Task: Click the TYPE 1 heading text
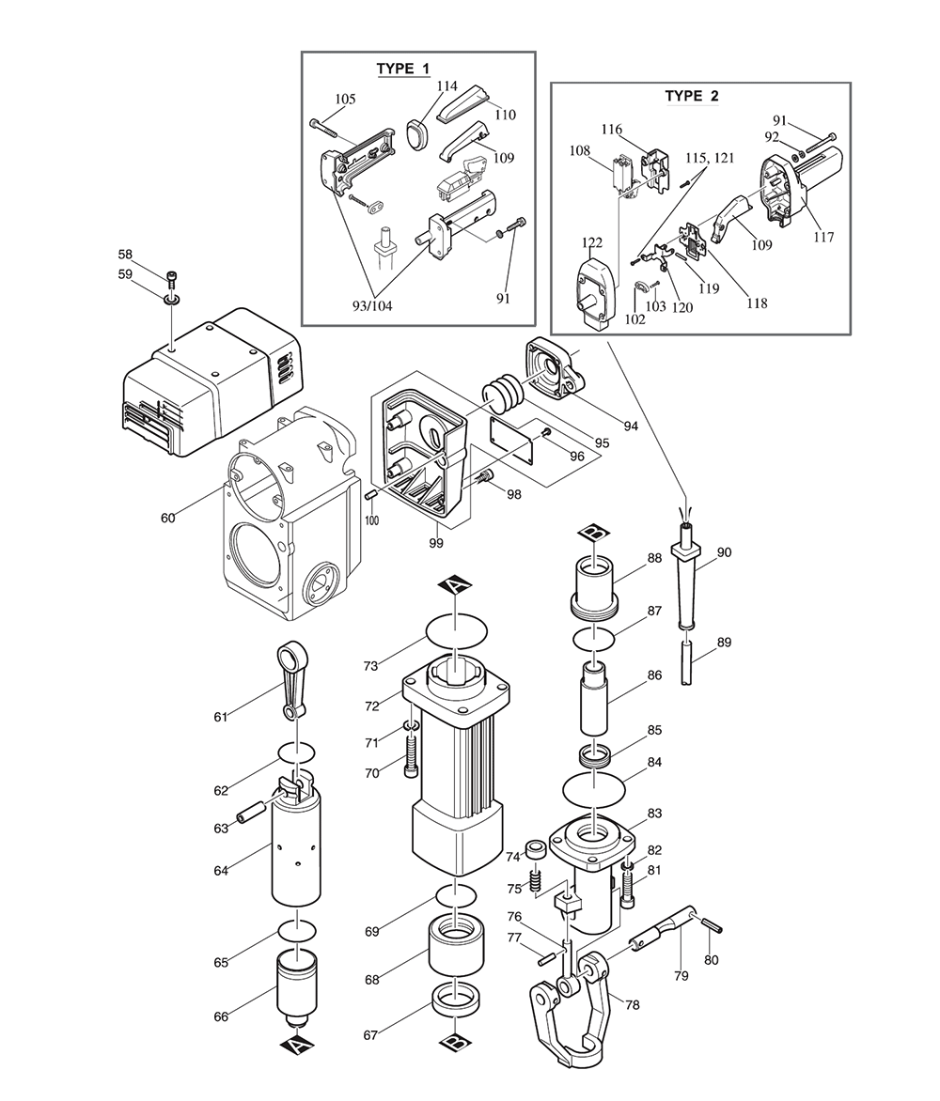402,70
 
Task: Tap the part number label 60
168,518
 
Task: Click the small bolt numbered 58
172,278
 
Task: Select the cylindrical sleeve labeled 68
456,945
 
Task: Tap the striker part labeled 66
297,983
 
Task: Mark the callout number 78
632,1005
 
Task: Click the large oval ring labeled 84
598,786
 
